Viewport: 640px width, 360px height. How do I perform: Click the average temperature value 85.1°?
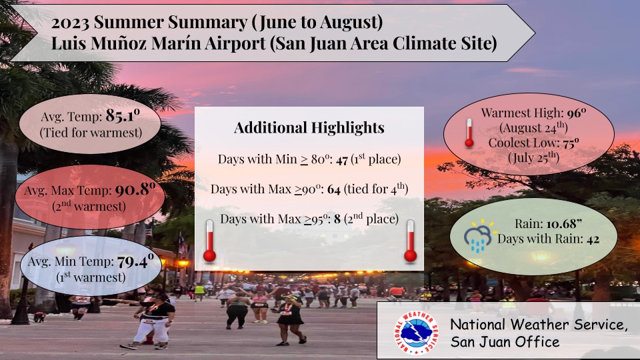click(123, 116)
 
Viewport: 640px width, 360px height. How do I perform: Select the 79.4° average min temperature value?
click(135, 261)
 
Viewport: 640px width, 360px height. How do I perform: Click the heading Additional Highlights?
click(309, 128)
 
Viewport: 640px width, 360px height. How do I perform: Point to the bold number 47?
click(342, 159)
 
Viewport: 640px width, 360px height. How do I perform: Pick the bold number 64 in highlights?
click(334, 190)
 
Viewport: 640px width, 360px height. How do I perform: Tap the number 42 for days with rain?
click(593, 239)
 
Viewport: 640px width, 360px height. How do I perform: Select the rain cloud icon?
click(479, 235)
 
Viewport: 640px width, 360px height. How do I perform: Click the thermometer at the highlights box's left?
click(209, 241)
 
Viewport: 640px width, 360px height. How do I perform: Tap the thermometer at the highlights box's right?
click(410, 241)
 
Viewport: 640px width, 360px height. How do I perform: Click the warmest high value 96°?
click(576, 113)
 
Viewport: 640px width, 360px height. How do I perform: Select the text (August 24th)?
click(533, 128)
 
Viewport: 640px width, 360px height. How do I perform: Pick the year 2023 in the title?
click(70, 23)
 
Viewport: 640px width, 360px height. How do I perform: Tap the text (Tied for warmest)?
click(91, 133)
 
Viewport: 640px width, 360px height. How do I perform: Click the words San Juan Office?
click(505, 341)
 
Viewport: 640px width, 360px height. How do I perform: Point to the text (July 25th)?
click(533, 157)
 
